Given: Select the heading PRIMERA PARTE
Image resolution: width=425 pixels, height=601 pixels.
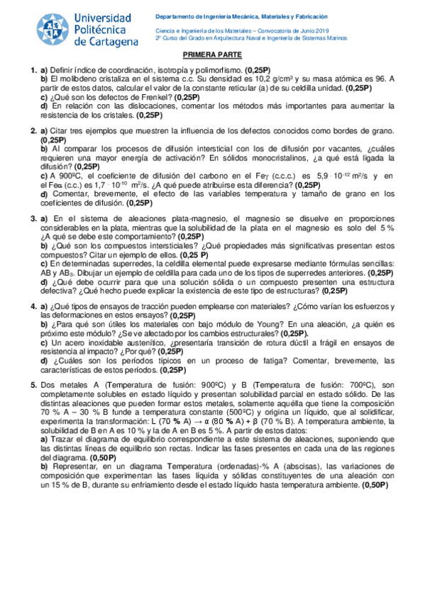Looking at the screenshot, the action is pyautogui.click(x=212, y=55).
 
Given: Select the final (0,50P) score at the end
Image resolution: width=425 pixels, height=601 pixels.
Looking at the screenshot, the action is pyautogui.click(x=375, y=486).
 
